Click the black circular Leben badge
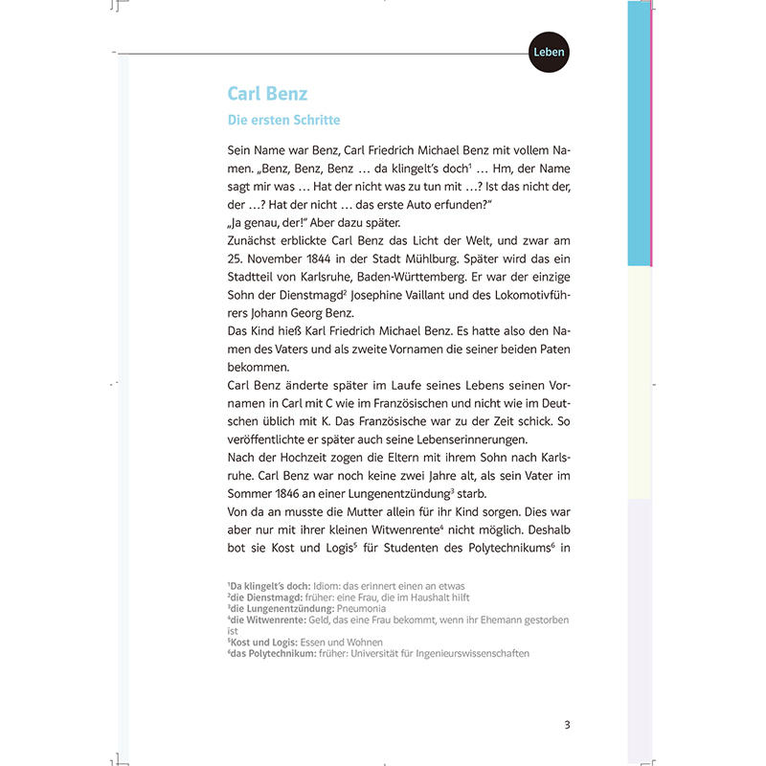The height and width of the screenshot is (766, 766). (x=549, y=52)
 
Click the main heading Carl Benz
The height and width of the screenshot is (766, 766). (x=267, y=94)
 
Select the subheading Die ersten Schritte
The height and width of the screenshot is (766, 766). (x=283, y=121)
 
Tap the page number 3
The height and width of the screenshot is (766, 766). (x=567, y=724)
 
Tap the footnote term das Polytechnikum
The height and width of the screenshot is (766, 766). (x=274, y=653)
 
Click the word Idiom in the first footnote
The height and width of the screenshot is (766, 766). (x=329, y=585)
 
